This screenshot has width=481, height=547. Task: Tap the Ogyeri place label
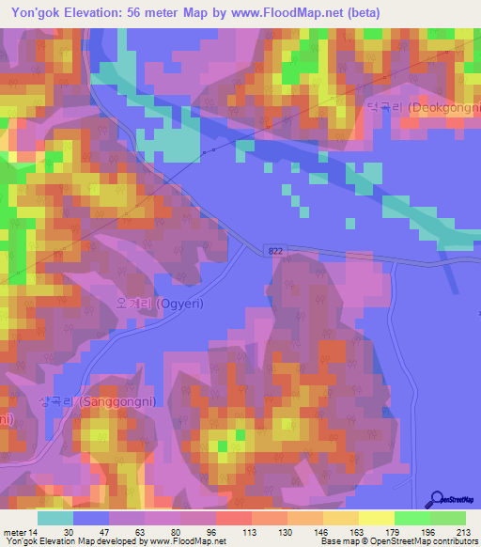pos(160,305)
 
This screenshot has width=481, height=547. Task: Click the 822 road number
pos(274,250)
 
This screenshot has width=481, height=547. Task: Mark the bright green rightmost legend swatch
pos(448,518)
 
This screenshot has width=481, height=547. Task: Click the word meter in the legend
pos(16,531)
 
